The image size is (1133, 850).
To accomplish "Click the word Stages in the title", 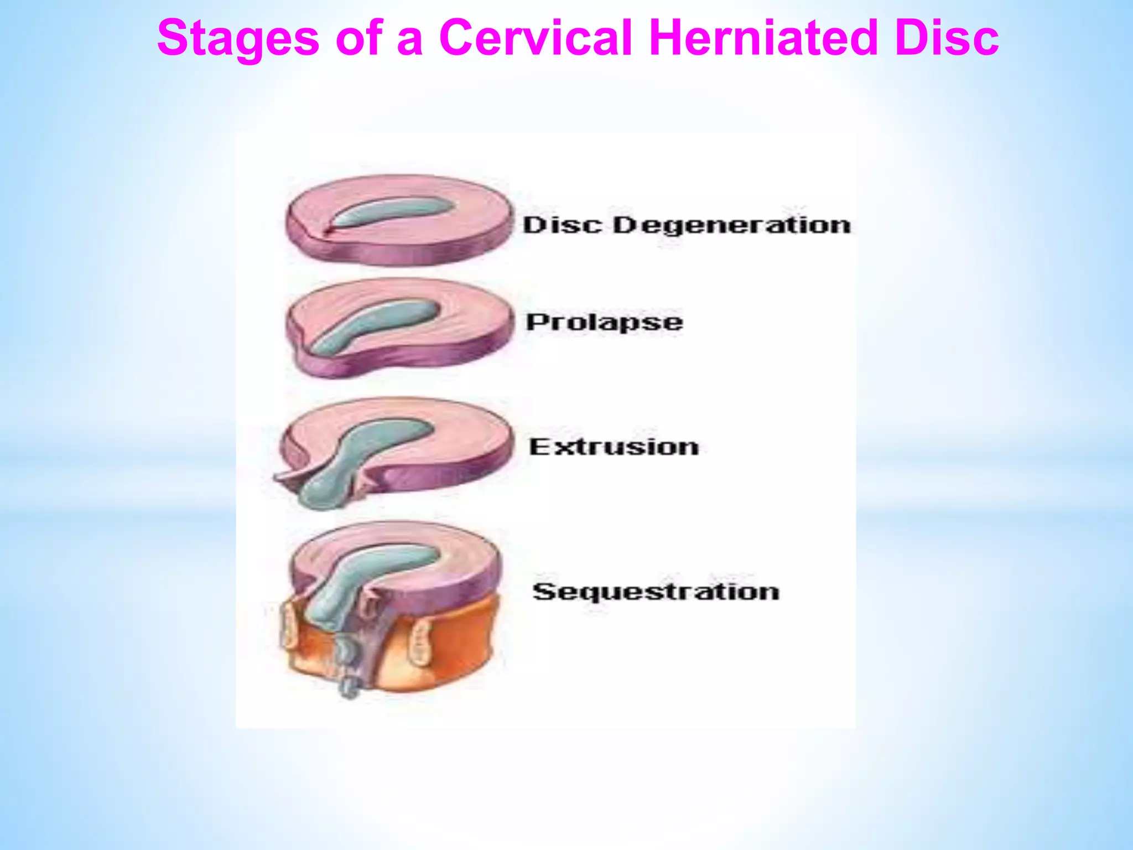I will pos(238,39).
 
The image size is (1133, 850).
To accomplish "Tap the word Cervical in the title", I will pos(535,39).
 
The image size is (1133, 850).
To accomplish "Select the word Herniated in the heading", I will pos(763,39).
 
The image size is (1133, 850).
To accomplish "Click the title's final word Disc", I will pos(947,39).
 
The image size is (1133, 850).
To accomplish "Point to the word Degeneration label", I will pos(731,226).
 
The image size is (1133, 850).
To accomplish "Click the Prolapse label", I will pos(604,322).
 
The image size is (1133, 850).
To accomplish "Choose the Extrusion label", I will pos(614,447).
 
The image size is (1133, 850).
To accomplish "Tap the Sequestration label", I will pos(656,592).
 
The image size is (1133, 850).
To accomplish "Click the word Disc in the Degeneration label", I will pos(562,226).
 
